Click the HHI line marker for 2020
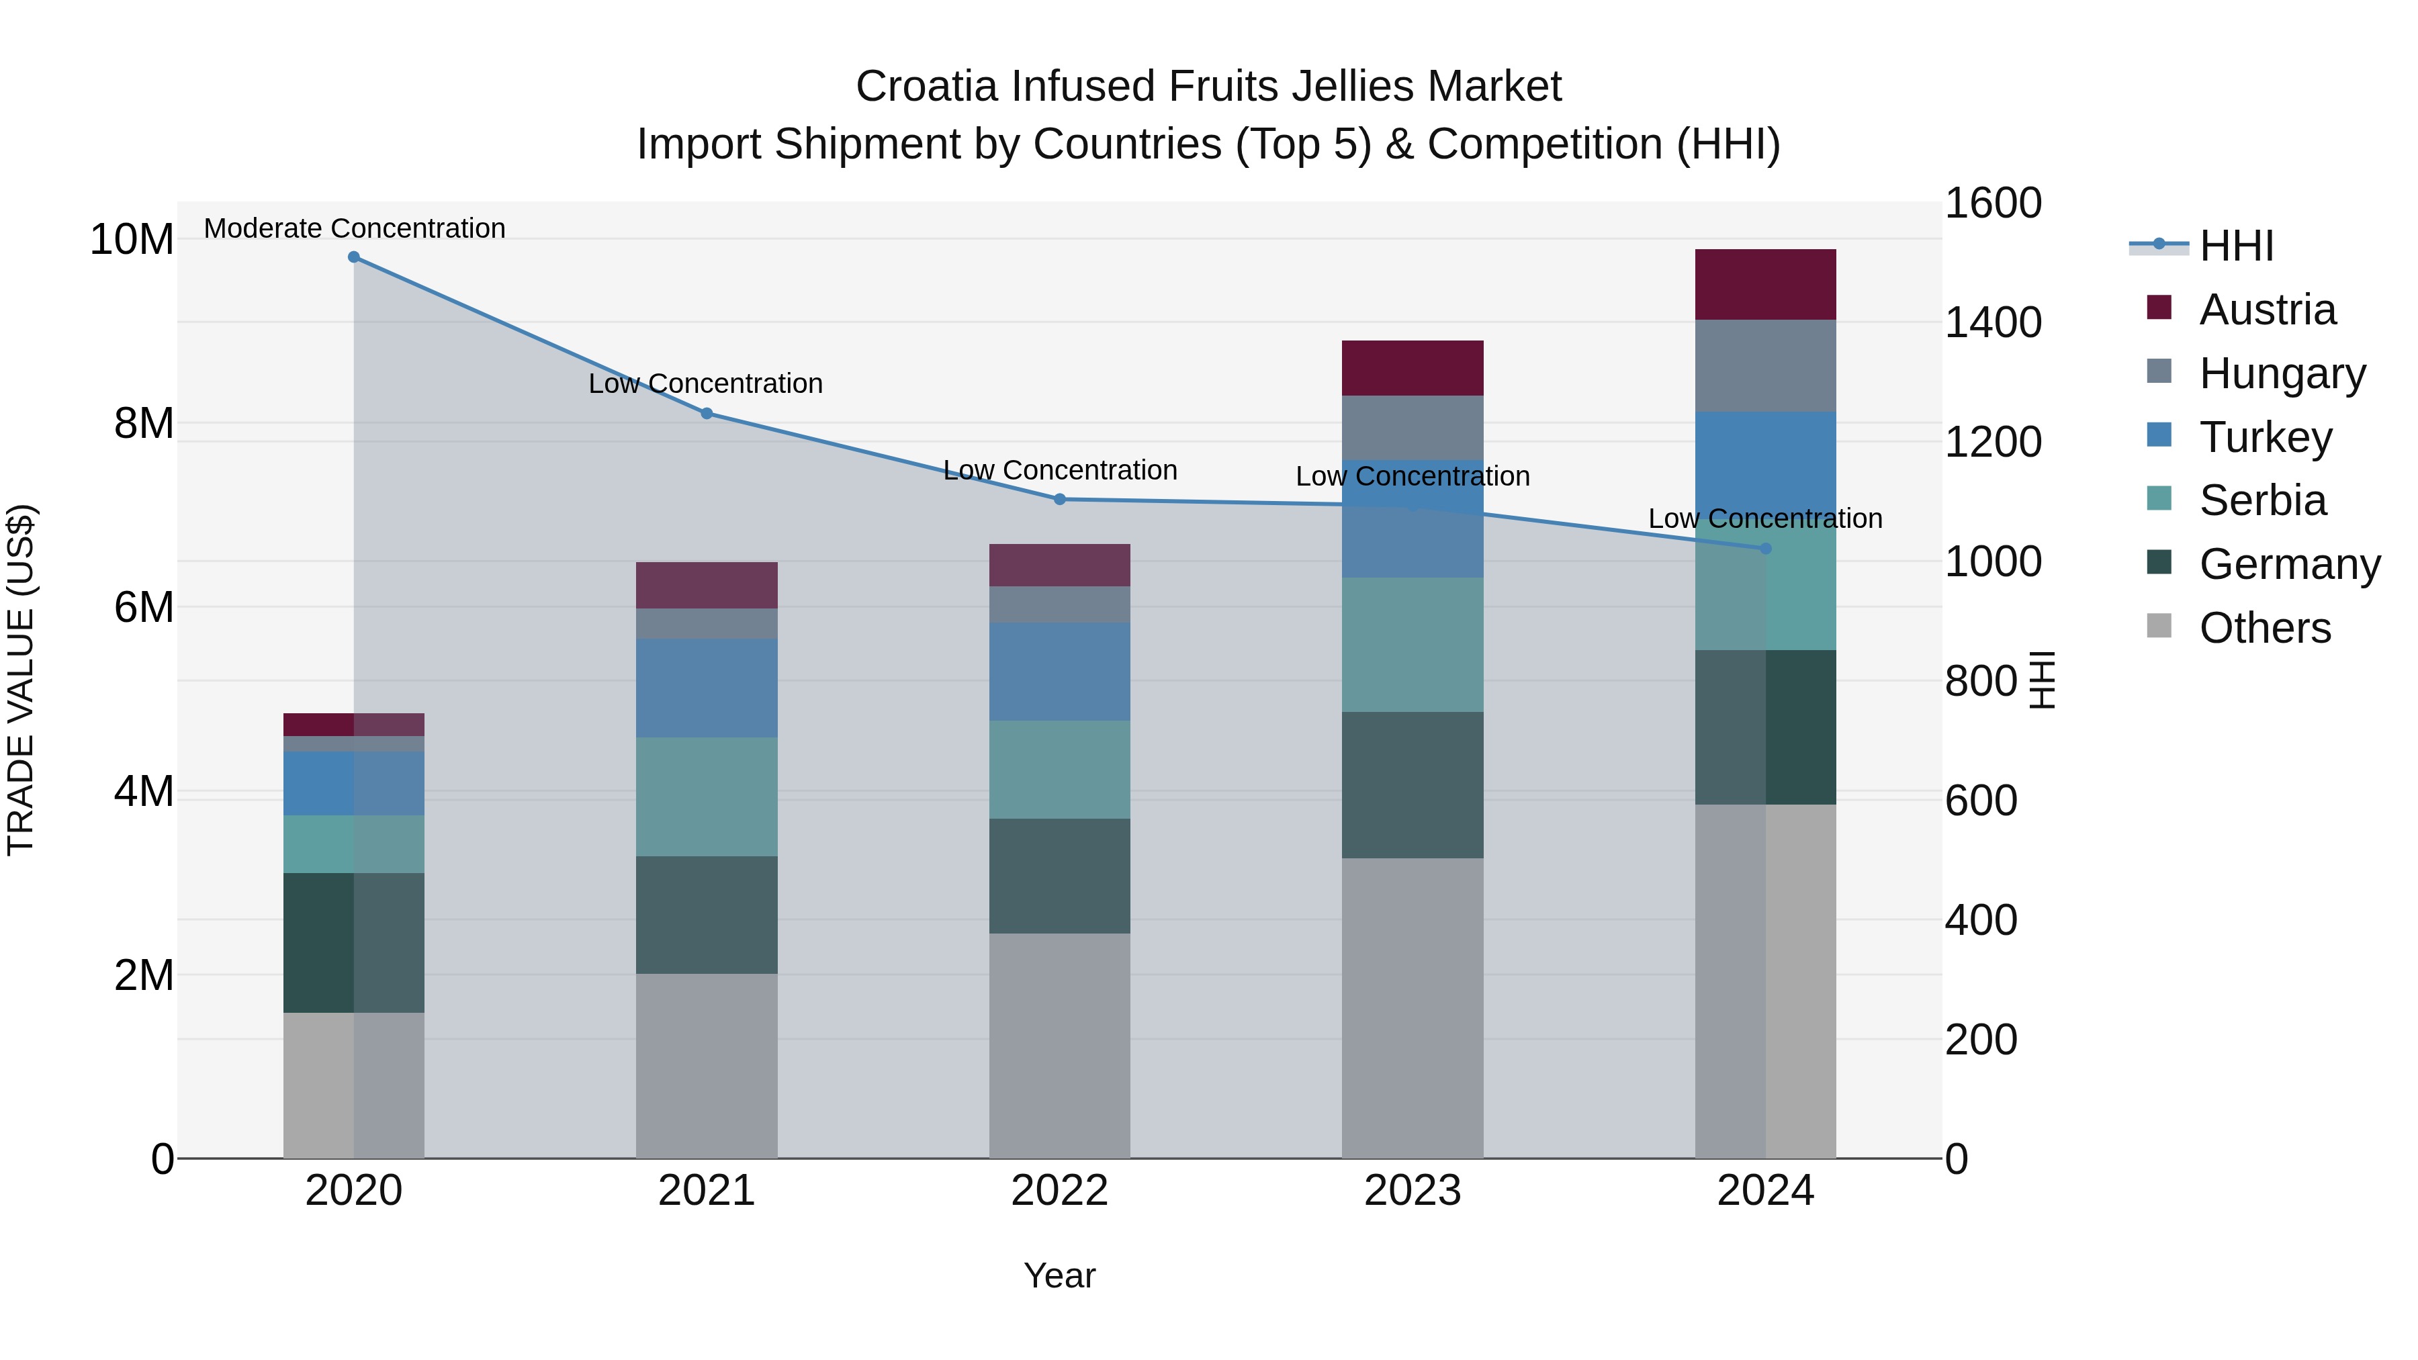[x=354, y=257]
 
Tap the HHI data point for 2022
[x=1060, y=499]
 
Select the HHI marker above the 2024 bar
[x=1766, y=548]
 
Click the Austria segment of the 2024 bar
[x=1766, y=284]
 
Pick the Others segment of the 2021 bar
[x=707, y=1065]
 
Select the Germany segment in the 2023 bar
[x=1413, y=784]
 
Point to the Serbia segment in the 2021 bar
[x=707, y=796]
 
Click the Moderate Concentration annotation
[x=354, y=228]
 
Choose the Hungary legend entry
[x=2282, y=373]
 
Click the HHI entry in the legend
[x=2236, y=246]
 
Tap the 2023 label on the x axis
[x=1413, y=1191]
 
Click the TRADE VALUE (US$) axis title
[x=21, y=680]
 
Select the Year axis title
[x=1060, y=1275]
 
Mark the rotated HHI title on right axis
[x=2043, y=680]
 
